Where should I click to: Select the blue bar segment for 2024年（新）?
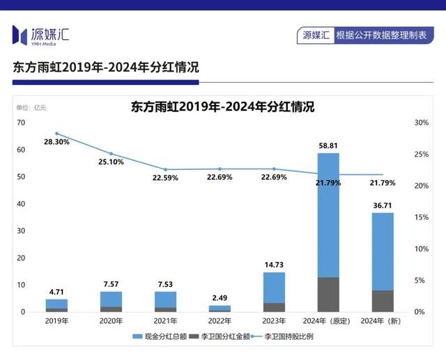(x=382, y=251)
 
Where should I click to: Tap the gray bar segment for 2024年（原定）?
(x=328, y=294)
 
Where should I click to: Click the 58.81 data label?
(x=328, y=146)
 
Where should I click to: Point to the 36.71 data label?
(x=382, y=206)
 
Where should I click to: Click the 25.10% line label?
(x=111, y=162)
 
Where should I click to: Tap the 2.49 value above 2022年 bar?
(x=220, y=299)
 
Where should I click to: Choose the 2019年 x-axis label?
(x=56, y=321)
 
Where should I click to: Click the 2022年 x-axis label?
(x=220, y=321)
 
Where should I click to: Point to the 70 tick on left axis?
(x=21, y=123)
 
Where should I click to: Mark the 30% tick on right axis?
(x=421, y=123)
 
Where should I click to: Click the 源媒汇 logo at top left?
(x=40, y=34)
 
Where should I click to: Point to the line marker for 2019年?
(x=56, y=134)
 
